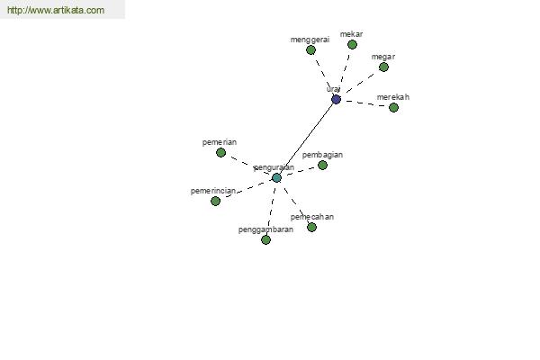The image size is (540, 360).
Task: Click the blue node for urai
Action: [x=336, y=100]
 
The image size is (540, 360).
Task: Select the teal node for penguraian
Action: [x=276, y=178]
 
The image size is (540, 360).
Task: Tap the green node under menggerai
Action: [x=310, y=50]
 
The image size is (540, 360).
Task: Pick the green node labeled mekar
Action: [x=352, y=44]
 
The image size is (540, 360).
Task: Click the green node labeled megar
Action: [x=383, y=67]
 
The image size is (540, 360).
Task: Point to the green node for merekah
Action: [x=393, y=107]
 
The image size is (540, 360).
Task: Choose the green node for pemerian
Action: [x=220, y=152]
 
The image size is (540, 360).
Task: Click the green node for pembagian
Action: [x=322, y=165]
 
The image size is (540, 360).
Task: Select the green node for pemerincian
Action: [x=215, y=201]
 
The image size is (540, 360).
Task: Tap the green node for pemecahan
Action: [x=311, y=227]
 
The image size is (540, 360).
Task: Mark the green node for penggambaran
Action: [x=265, y=239]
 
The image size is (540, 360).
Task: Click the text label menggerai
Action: [x=310, y=40]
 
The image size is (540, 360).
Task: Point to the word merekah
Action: [x=393, y=97]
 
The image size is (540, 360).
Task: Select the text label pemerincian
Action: [x=213, y=191]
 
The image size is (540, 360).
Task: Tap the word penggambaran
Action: [x=265, y=229]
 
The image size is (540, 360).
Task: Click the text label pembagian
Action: [x=322, y=155]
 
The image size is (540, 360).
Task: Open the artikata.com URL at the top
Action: [x=56, y=10]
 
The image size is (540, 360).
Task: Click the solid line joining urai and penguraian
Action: [x=307, y=139]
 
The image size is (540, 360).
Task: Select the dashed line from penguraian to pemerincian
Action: [x=246, y=190]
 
